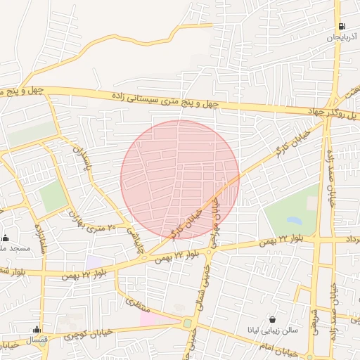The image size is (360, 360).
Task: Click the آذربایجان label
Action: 342,38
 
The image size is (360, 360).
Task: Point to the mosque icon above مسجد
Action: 6,238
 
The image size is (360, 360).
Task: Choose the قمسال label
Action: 35,340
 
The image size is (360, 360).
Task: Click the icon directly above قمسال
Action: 36,329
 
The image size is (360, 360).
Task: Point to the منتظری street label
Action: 134,303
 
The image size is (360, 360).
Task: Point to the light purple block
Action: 94,262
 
